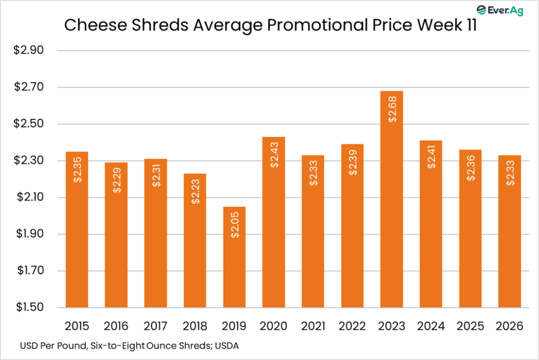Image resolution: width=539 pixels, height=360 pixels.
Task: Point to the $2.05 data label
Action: (x=234, y=226)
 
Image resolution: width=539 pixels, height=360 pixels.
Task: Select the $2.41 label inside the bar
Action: (x=431, y=156)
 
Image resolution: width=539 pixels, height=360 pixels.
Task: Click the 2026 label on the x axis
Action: (x=510, y=326)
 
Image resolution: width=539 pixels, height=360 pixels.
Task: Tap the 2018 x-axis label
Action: (x=195, y=326)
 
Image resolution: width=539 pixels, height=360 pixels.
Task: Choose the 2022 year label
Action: (x=352, y=326)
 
